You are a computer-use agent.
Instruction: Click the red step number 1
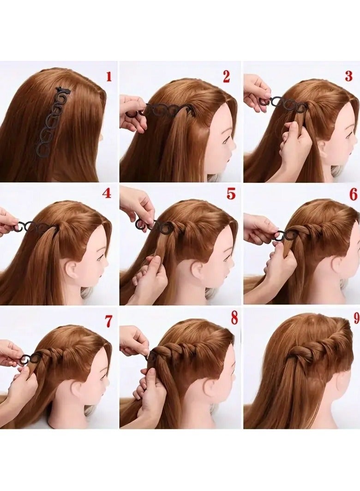click(109, 77)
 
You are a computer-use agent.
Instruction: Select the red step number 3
click(348, 77)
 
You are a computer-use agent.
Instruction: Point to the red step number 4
click(107, 193)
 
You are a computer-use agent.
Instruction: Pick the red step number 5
click(231, 194)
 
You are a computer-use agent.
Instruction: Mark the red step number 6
click(353, 194)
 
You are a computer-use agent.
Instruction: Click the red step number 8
click(234, 318)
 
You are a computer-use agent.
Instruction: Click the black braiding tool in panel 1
click(52, 123)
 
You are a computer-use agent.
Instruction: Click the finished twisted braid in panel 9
click(318, 351)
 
